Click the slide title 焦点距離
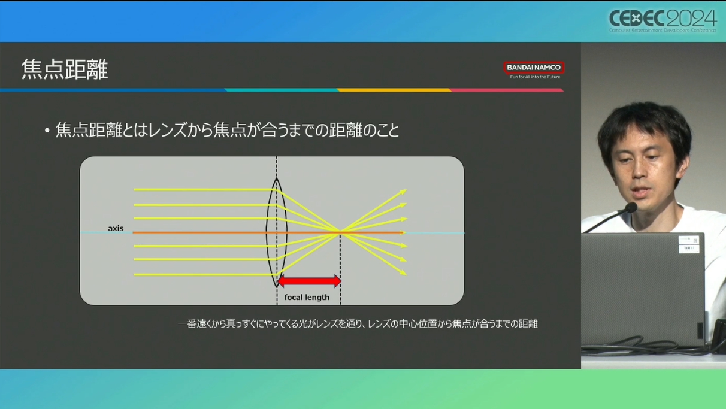(x=65, y=69)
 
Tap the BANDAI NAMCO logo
(x=534, y=68)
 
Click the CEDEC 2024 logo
(x=663, y=21)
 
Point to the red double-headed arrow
(x=309, y=281)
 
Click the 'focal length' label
(x=307, y=297)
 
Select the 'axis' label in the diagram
(x=116, y=228)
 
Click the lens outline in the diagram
(x=267, y=232)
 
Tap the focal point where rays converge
(x=340, y=231)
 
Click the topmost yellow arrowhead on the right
(x=404, y=192)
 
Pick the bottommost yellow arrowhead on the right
(x=404, y=273)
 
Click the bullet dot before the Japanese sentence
(x=47, y=131)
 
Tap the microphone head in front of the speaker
(x=631, y=207)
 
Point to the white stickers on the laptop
(x=688, y=244)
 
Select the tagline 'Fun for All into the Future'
(x=535, y=77)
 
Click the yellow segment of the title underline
(x=394, y=90)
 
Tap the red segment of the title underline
(x=507, y=90)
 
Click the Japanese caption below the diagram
(x=358, y=324)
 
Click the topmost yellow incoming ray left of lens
(x=205, y=190)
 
